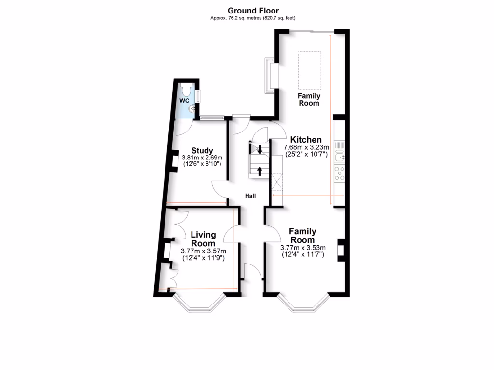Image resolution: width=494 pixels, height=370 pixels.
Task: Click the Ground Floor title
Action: [x=253, y=10]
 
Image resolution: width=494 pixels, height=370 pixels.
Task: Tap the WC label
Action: [x=184, y=101]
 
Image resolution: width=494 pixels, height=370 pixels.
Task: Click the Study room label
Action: [x=202, y=150]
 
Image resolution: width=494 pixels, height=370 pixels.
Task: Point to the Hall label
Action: [x=250, y=196]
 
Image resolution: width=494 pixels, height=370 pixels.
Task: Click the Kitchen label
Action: [x=306, y=140]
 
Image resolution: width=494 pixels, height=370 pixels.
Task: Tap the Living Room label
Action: [x=203, y=239]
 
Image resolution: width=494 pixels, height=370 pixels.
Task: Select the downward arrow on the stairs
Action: [x=260, y=149]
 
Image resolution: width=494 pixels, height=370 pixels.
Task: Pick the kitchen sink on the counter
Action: [x=341, y=155]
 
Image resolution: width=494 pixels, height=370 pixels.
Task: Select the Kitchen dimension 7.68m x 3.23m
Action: [x=306, y=147]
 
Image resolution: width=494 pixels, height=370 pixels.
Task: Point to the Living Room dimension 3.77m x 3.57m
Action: [x=203, y=251]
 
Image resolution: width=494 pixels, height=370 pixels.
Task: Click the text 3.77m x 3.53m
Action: [x=302, y=248]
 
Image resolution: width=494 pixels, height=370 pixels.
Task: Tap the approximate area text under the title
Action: [x=253, y=18]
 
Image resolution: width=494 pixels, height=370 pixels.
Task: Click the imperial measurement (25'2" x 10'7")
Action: [x=306, y=155]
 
